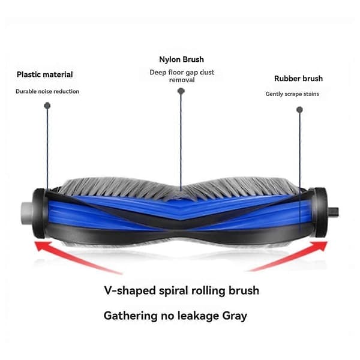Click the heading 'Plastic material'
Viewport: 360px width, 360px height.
tap(45, 74)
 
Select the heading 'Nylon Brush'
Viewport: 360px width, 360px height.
tap(181, 59)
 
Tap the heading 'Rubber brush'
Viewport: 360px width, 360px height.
tap(298, 79)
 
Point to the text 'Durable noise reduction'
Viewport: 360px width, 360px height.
tap(47, 91)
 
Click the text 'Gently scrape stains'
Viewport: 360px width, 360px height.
tap(292, 94)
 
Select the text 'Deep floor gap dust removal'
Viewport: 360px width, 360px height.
tap(182, 76)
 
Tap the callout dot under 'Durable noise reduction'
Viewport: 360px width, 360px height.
tap(47, 106)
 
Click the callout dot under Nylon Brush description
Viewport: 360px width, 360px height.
tap(181, 91)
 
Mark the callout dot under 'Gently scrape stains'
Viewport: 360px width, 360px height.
tap(299, 110)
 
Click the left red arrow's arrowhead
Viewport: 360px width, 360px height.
tap(41, 245)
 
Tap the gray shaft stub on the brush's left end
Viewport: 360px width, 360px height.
tap(27, 213)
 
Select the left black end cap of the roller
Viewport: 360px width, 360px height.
tap(40, 213)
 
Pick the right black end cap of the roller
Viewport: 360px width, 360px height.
tap(320, 212)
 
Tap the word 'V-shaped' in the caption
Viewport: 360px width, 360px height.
tap(130, 291)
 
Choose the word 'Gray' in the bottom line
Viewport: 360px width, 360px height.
tap(235, 316)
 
